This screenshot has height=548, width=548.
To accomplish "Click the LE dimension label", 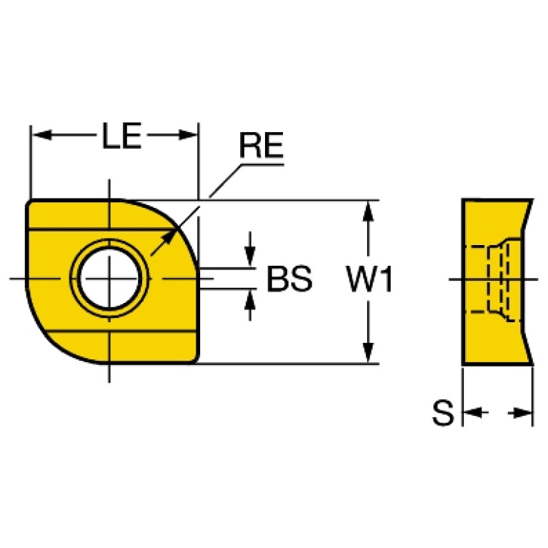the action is tap(121, 135).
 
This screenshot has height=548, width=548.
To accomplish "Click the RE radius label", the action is tap(261, 145).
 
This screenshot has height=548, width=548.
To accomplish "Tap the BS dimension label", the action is tap(289, 279).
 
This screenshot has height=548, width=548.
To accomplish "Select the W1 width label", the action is tap(369, 279).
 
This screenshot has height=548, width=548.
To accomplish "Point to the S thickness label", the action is tap(443, 413).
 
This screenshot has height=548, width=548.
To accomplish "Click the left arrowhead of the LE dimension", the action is tap(42, 135).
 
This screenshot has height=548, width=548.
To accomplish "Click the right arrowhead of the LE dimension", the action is tap(188, 135).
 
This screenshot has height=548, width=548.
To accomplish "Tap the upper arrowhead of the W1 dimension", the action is tap(368, 211).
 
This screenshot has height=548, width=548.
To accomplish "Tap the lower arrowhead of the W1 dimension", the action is tap(368, 353).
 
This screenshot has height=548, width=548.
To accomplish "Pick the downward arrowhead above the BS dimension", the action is tap(249, 256).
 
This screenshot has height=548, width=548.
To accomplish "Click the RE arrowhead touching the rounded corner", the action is tap(168, 238).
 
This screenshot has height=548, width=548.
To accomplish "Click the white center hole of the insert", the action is tap(109, 279).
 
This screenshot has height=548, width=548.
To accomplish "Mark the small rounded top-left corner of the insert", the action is tap(29, 203).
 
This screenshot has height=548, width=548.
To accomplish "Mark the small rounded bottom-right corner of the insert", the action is tap(196, 360).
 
